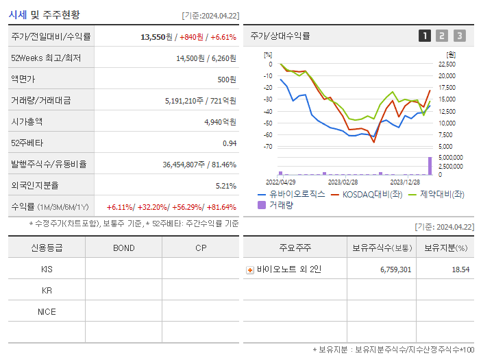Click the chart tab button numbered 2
point(442,36)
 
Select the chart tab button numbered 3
point(459,36)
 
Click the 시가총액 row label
point(27,122)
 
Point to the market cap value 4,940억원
point(220,122)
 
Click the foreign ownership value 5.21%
point(225,185)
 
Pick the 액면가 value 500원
point(226,80)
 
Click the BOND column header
point(123,248)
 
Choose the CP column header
point(200,248)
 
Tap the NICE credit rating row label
point(47,311)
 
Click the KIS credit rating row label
point(47,269)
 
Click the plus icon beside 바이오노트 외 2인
point(250,270)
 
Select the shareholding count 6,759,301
point(395,269)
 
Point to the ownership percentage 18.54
point(460,269)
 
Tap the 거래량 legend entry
point(280,205)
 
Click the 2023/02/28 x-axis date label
point(343,182)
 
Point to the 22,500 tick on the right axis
point(446,64)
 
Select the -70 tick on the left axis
point(268,147)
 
